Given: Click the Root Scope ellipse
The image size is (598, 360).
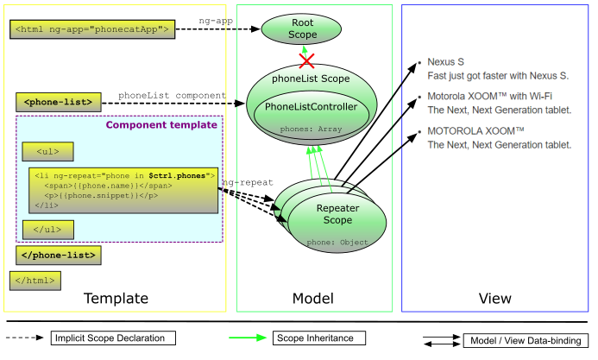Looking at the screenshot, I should (x=303, y=28).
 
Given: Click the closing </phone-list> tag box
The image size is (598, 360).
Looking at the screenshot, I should (x=59, y=255).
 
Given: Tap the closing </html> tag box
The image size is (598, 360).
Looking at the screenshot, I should (x=35, y=280).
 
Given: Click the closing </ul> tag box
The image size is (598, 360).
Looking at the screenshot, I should (x=47, y=230).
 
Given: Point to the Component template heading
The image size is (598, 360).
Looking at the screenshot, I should (x=161, y=125).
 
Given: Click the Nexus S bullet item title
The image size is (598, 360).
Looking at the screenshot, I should (x=447, y=62).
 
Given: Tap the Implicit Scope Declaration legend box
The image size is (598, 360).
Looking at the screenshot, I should (x=113, y=338).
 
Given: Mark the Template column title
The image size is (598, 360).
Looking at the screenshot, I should (x=116, y=299).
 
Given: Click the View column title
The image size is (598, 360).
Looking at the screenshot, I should (x=495, y=299).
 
